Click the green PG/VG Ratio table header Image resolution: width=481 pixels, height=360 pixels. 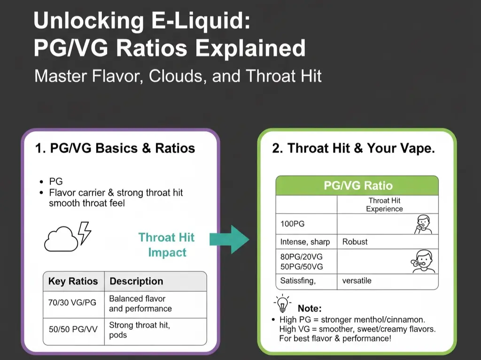pos(357,185)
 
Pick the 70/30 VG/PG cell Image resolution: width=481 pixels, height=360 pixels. pos(72,303)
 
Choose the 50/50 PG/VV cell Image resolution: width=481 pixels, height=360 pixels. pos(73,329)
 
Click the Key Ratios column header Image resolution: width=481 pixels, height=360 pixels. pos(73,281)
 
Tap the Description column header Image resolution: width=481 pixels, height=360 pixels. pos(136,281)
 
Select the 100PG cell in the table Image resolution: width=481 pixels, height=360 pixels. pos(293,224)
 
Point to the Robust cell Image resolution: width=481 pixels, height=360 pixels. pos(355,242)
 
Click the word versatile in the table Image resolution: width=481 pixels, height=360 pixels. pos(357,281)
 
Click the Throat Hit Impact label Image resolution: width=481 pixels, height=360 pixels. pos(167,245)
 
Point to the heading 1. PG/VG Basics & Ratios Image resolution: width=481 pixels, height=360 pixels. pos(115,149)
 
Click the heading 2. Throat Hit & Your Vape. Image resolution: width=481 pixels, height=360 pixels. pos(353,149)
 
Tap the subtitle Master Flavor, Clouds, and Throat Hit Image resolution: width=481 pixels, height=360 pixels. pos(178,76)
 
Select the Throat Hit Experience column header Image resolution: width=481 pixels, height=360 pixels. pos(385,204)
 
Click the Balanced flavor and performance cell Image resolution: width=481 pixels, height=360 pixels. pos(140,304)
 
